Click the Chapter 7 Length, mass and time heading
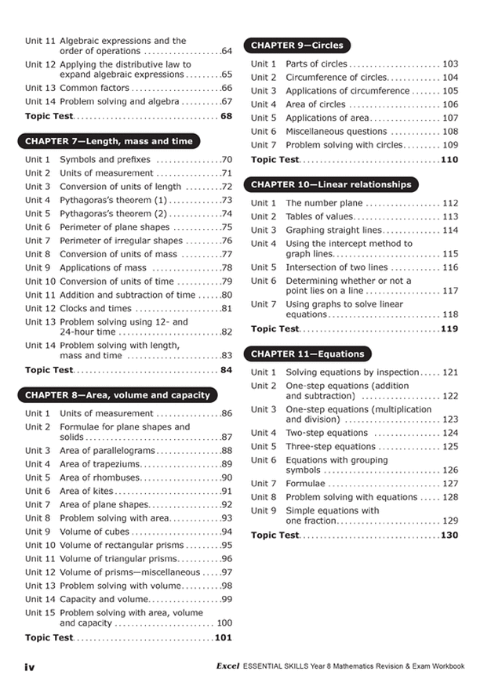click(108, 142)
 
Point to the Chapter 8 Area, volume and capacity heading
click(118, 395)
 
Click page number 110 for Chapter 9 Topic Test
click(449, 159)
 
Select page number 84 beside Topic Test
click(227, 369)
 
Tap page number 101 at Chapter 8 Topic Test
click(224, 637)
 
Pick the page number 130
click(449, 535)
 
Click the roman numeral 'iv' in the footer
click(30, 666)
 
